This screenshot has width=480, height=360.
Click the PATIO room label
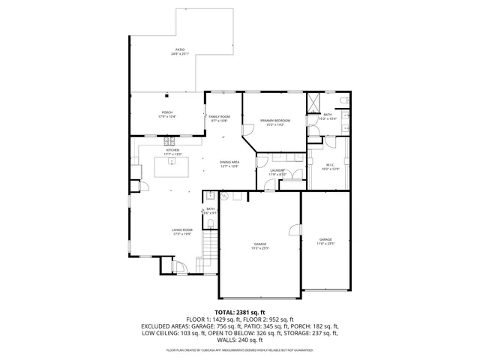[179, 50]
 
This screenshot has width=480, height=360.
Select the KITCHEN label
[173, 151]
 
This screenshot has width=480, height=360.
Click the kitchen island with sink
[172, 167]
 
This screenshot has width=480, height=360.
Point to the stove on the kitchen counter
[170, 140]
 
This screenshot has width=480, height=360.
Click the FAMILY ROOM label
[219, 117]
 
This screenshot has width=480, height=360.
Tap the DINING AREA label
[229, 163]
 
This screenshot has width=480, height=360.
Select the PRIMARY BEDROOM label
[275, 121]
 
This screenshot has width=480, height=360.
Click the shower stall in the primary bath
[313, 101]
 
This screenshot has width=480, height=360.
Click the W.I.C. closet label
[330, 165]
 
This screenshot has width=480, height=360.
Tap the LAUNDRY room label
[277, 171]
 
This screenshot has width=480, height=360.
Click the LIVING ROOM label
[182, 230]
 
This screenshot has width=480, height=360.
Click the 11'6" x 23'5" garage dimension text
[325, 243]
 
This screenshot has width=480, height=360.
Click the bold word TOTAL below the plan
[225, 312]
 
